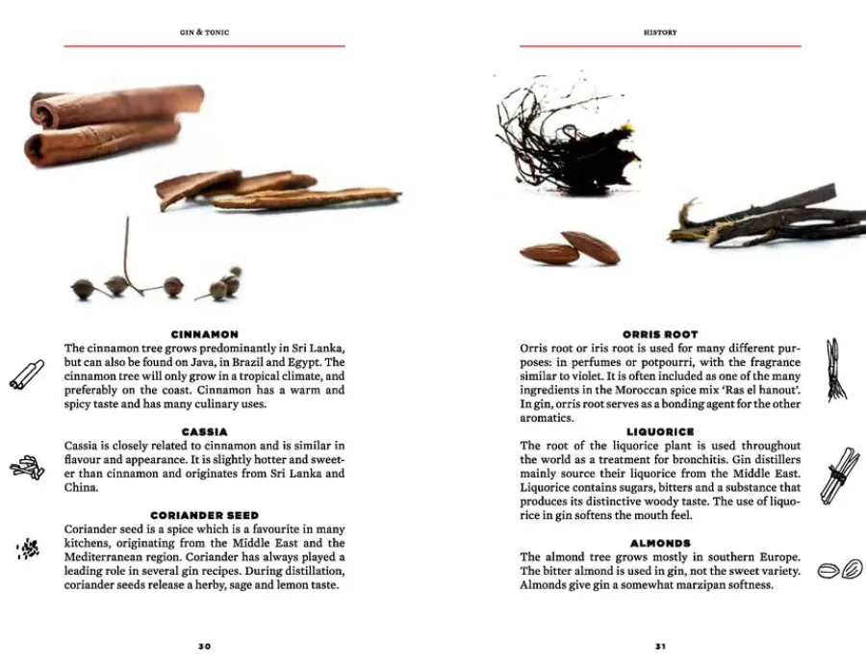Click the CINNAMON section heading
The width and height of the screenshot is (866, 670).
(x=204, y=334)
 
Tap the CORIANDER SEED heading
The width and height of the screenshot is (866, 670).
(x=204, y=516)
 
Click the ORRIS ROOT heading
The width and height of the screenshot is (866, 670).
(x=660, y=334)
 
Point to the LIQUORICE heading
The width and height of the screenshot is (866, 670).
(x=660, y=432)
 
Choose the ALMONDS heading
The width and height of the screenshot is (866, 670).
(x=660, y=544)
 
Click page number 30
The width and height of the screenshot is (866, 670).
(x=204, y=646)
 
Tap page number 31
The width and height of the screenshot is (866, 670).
(x=660, y=646)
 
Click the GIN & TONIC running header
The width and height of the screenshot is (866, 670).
(x=204, y=33)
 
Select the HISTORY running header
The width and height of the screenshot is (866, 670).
(x=660, y=33)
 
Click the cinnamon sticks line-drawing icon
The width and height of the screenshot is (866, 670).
(x=26, y=374)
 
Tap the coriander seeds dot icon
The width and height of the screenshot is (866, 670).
(x=29, y=550)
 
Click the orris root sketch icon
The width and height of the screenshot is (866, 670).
(x=834, y=369)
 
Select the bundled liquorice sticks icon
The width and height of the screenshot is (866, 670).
(x=838, y=474)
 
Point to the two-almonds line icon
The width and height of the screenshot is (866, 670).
(x=839, y=570)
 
